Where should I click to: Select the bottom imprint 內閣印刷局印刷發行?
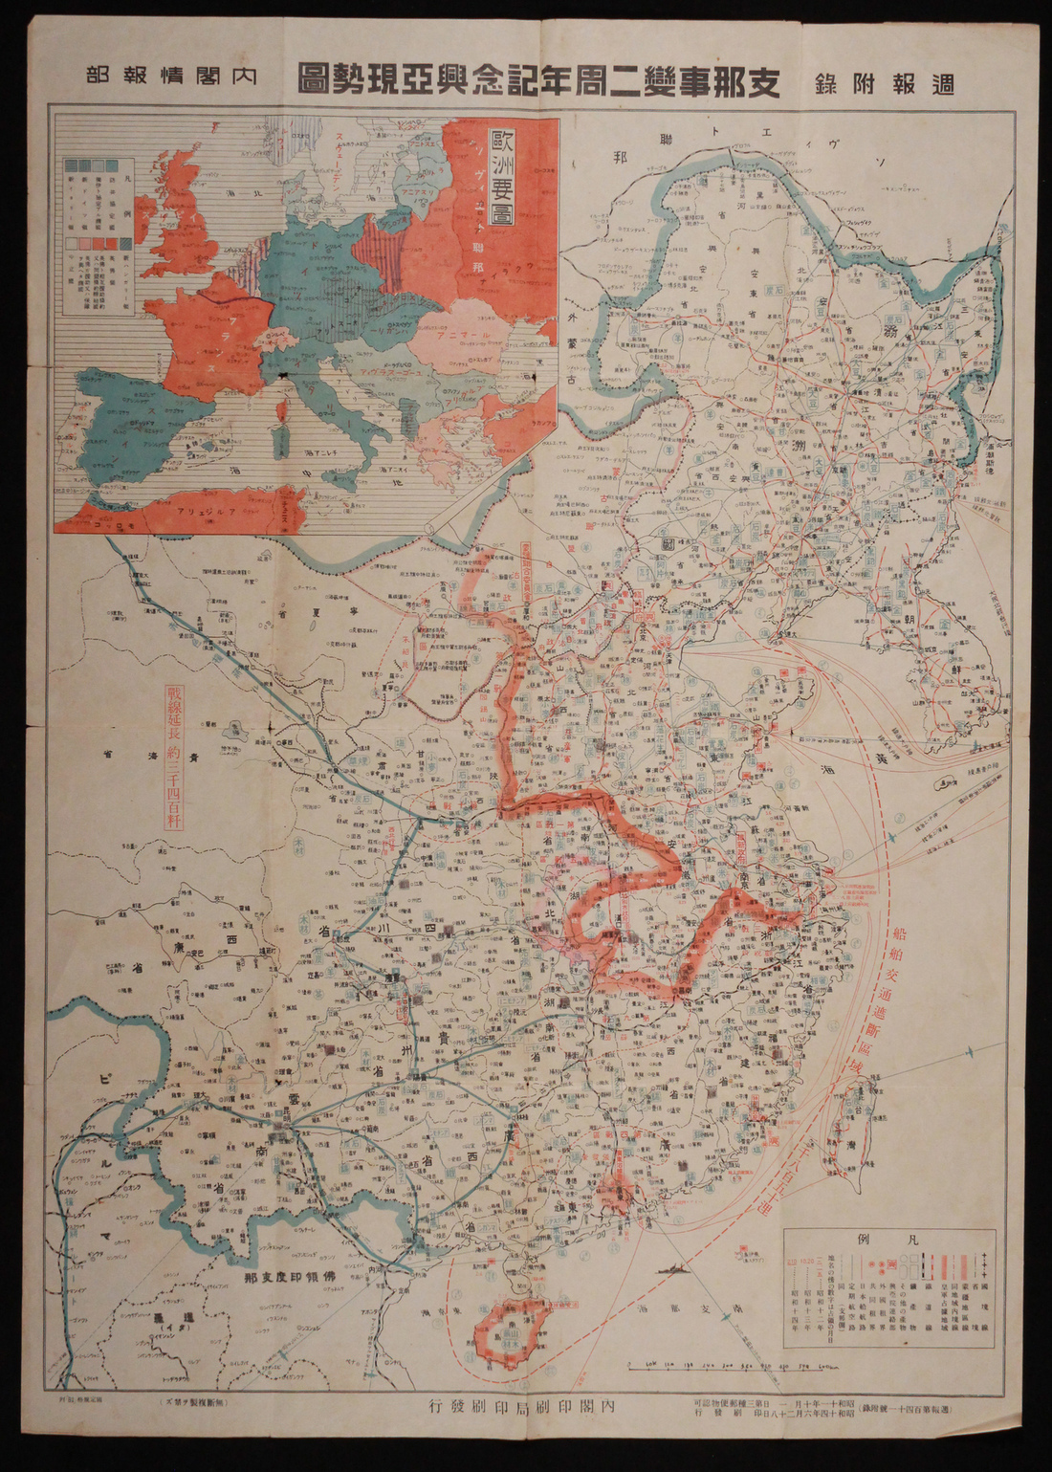527,1406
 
